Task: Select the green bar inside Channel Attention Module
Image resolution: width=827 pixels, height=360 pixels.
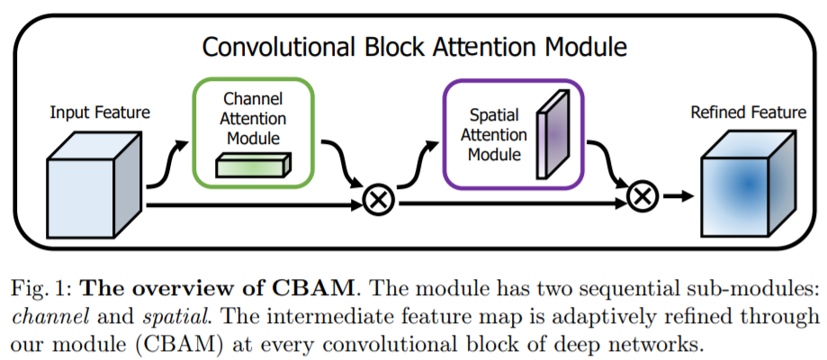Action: [252, 165]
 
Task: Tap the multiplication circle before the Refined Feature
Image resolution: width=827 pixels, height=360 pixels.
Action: [641, 195]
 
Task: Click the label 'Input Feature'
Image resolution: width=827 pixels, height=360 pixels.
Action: [100, 112]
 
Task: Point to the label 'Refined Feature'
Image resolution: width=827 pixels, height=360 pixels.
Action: [748, 112]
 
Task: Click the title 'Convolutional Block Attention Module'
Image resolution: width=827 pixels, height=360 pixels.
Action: [414, 46]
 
